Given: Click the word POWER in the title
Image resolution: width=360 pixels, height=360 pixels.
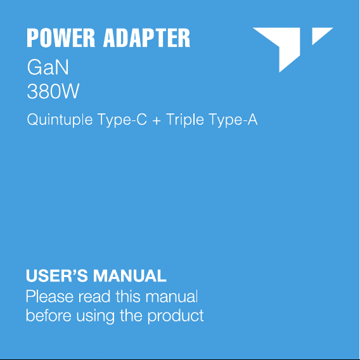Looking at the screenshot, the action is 61,38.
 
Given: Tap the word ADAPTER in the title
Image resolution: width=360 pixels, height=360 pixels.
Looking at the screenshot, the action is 146,38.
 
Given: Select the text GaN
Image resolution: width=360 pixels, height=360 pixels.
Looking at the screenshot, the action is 48,67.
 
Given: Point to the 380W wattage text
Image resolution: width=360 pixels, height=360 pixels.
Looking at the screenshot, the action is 53,91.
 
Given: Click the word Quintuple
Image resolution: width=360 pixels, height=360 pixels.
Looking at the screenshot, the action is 60,120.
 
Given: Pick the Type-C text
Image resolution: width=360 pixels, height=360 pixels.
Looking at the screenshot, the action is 122,120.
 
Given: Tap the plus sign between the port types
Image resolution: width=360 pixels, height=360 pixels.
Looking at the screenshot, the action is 157,120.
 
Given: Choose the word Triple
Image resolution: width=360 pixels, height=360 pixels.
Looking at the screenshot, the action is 185,120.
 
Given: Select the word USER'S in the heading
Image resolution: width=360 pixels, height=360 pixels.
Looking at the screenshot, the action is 56,276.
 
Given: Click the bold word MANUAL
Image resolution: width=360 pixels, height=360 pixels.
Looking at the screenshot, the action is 129,276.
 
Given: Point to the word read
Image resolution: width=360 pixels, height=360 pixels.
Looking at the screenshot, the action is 94,297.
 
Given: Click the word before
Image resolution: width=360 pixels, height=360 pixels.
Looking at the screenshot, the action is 48,316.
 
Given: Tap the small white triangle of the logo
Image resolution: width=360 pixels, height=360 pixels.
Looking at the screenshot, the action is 319,34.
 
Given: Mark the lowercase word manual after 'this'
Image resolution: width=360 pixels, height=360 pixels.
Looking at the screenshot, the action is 172,297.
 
